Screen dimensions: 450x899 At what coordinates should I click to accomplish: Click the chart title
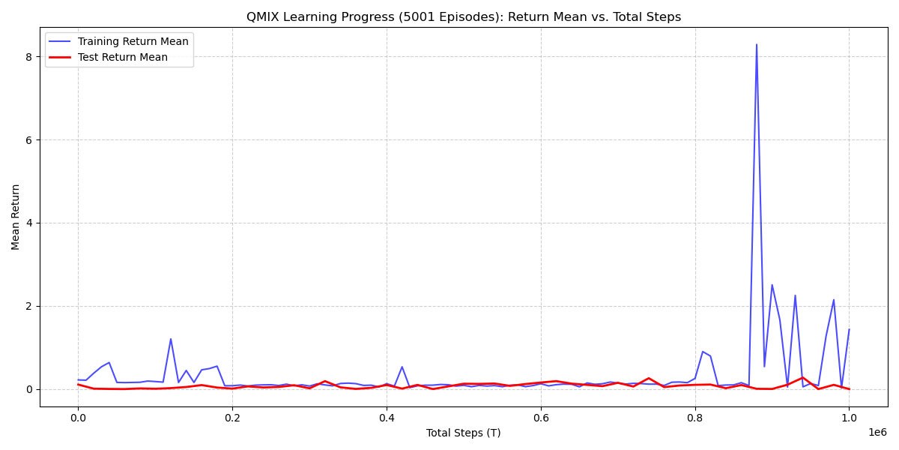pos(464,17)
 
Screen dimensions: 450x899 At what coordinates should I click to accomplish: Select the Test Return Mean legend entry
pos(122,57)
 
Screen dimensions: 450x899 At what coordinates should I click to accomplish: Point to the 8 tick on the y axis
pos(28,57)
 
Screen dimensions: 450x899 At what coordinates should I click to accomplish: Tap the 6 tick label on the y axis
pos(28,140)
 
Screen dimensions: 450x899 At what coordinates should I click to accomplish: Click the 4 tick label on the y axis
pos(28,223)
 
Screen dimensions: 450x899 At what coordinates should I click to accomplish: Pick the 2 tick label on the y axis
pos(28,306)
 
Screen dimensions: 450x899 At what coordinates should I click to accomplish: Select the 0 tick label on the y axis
pos(28,389)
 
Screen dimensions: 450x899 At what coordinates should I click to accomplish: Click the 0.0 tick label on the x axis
pos(78,418)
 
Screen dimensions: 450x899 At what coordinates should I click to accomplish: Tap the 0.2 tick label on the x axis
pos(232,418)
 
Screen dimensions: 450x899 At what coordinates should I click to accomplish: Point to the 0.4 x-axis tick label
pos(387,418)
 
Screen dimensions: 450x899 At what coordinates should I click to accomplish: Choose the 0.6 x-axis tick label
pos(541,418)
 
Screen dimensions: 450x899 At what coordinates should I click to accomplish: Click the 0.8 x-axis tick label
pos(695,418)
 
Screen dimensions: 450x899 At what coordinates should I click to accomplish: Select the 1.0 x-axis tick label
pos(849,418)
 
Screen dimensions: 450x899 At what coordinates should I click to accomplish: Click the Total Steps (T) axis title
pos(464,433)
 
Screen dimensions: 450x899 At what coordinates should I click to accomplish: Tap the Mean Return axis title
pos(16,217)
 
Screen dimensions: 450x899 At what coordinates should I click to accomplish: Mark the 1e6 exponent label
pos(877,432)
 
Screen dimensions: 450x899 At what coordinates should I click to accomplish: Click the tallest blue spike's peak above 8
pos(757,45)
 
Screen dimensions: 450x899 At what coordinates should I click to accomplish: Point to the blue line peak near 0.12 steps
pos(171,339)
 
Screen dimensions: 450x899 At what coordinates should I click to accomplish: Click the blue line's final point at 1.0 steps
pos(849,329)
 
